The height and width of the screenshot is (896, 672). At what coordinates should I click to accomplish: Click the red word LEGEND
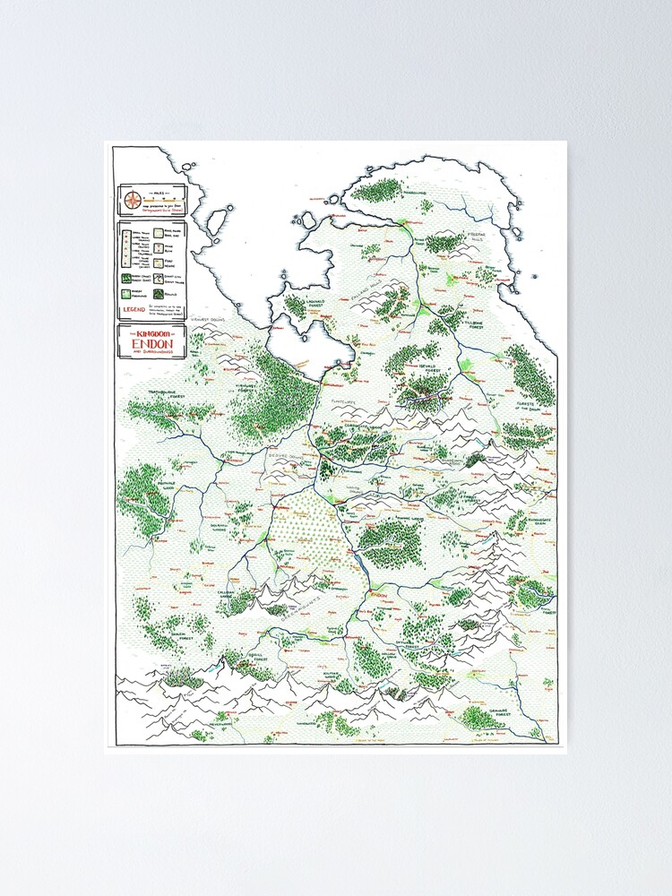click(134, 310)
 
